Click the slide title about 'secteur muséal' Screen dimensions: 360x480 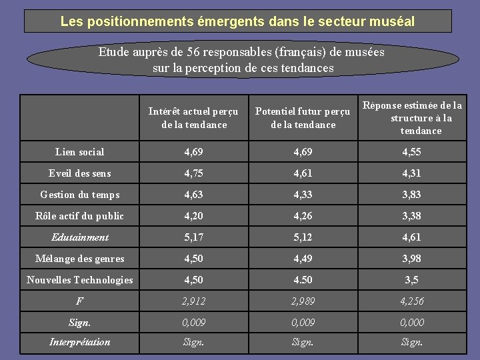click(237, 21)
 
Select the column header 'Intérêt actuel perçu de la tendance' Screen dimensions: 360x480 click(194, 118)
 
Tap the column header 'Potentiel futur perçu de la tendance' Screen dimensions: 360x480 click(303, 118)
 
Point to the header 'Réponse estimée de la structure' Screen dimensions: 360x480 click(412, 118)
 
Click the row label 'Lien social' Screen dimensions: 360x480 click(79, 152)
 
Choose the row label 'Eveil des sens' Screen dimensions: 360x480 click(79, 173)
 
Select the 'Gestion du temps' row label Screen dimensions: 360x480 click(79, 195)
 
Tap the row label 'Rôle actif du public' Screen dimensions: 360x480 click(79, 216)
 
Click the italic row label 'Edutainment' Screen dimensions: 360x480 click(79, 237)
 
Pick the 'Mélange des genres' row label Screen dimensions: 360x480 click(79, 259)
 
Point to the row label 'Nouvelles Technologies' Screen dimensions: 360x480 click(79, 280)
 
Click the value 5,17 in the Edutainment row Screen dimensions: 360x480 click(194, 237)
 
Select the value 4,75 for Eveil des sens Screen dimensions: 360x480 click(194, 173)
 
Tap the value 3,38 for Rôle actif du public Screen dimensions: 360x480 click(411, 216)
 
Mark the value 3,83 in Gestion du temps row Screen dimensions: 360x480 click(411, 195)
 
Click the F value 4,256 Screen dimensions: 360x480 click(411, 301)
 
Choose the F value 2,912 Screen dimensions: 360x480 click(194, 301)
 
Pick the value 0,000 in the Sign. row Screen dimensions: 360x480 click(411, 323)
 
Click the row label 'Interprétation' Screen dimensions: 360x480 click(79, 342)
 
